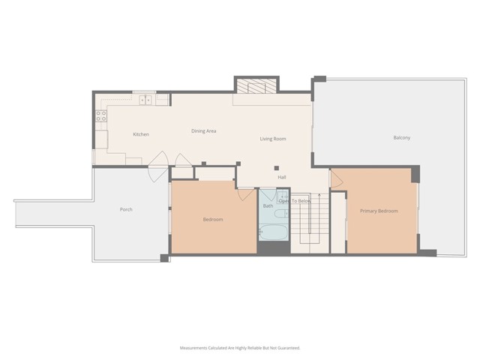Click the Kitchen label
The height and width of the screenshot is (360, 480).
tap(141, 134)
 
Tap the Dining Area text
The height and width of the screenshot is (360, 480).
tap(203, 131)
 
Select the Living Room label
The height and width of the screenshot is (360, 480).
tap(273, 139)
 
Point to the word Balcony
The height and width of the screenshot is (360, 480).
tap(402, 138)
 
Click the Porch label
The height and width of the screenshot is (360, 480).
tap(126, 209)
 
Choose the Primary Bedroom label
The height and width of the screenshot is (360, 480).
tap(378, 211)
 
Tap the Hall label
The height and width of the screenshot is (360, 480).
tap(282, 177)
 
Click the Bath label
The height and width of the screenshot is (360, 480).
tap(268, 205)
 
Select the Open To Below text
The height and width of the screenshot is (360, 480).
tap(295, 201)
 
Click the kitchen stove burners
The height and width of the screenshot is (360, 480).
tap(100, 115)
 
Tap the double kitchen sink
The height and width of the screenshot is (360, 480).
tap(143, 99)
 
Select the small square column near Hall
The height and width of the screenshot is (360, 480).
tap(276, 166)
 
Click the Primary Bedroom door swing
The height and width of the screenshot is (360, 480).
tap(336, 178)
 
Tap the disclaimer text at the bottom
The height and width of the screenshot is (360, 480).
tap(240, 348)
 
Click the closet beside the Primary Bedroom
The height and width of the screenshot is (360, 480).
tap(339, 221)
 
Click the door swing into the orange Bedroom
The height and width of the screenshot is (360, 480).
tap(246, 194)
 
